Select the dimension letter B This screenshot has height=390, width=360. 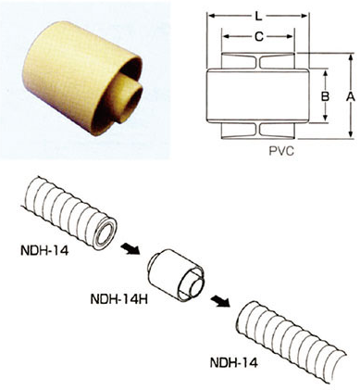[325, 96]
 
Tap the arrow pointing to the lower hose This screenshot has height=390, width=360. [220, 300]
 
